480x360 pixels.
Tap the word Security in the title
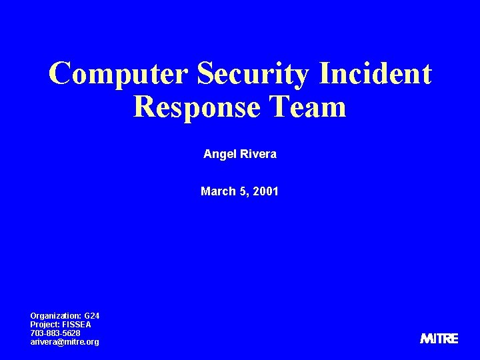[x=254, y=75]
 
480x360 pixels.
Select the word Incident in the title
[x=375, y=73]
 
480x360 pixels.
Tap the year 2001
[x=266, y=192]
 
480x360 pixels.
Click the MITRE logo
[x=439, y=339]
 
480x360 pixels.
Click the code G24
[x=92, y=315]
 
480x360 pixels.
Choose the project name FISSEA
[x=77, y=324]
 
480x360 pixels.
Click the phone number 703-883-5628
[x=55, y=333]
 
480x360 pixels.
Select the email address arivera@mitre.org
[x=65, y=341]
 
